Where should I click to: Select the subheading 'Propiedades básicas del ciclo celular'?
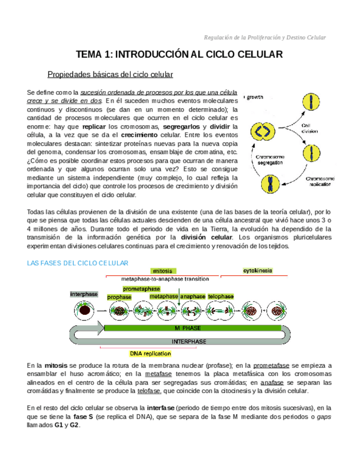tap(110, 74)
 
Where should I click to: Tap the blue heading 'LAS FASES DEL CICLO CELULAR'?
tap(77, 263)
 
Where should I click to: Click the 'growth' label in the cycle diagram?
tap(255, 98)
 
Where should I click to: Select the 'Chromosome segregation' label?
tap(269, 160)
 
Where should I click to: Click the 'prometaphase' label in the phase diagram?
tap(141, 289)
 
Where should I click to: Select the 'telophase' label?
tap(220, 297)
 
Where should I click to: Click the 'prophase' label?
tap(119, 297)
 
